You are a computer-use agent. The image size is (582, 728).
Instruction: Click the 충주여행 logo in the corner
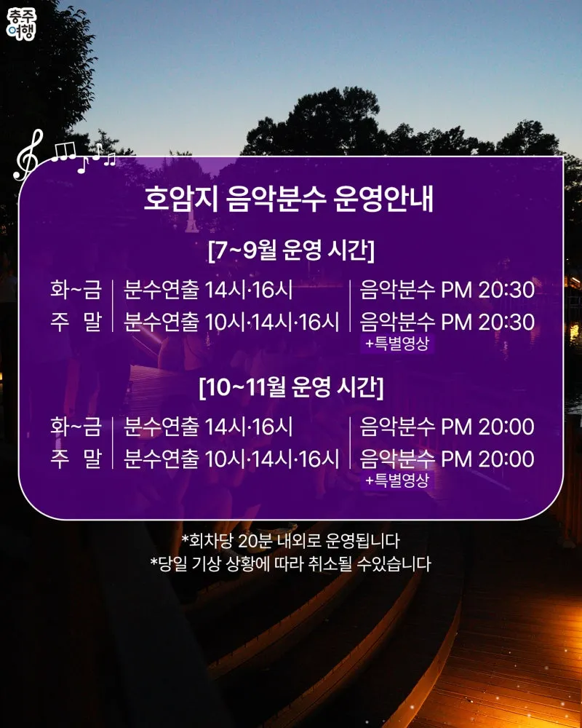pyautogui.click(x=21, y=23)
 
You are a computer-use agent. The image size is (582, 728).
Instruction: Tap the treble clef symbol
pyautogui.click(x=28, y=155)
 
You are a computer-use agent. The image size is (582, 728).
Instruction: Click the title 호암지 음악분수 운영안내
pyautogui.click(x=288, y=199)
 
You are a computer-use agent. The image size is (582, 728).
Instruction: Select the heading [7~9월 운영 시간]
pyautogui.click(x=291, y=250)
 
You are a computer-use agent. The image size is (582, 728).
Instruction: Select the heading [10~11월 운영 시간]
pyautogui.click(x=291, y=387)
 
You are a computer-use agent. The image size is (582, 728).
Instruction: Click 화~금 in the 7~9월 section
pyautogui.click(x=76, y=289)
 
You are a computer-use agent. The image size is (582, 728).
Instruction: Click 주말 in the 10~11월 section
pyautogui.click(x=76, y=459)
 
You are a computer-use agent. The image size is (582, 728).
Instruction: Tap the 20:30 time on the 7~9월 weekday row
pyautogui.click(x=506, y=290)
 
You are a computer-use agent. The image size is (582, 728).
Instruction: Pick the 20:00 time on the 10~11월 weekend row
pyautogui.click(x=506, y=459)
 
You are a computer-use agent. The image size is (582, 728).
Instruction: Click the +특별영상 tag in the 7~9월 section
pyautogui.click(x=396, y=344)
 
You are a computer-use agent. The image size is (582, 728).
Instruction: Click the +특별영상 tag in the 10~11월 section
pyautogui.click(x=396, y=480)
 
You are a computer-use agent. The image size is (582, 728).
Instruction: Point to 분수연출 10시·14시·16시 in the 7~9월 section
pyautogui.click(x=231, y=322)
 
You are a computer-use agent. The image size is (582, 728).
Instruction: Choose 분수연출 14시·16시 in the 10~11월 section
pyautogui.click(x=208, y=426)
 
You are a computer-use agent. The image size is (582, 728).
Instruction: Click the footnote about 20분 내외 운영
pyautogui.click(x=290, y=540)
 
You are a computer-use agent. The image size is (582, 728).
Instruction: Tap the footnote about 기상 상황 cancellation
pyautogui.click(x=290, y=563)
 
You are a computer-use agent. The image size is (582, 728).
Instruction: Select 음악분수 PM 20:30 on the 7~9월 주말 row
pyautogui.click(x=447, y=322)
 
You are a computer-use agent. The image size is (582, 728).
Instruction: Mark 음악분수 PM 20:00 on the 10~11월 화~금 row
pyautogui.click(x=447, y=426)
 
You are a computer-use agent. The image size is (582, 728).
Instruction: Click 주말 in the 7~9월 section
pyautogui.click(x=76, y=322)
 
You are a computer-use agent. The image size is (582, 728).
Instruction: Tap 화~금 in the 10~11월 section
pyautogui.click(x=76, y=426)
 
